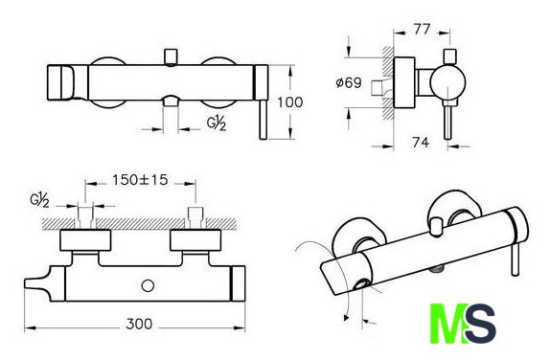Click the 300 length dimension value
(x=139, y=324)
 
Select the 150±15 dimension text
(x=140, y=180)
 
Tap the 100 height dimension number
(x=289, y=102)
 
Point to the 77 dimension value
(x=422, y=29)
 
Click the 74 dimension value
(x=421, y=143)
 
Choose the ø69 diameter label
(x=349, y=83)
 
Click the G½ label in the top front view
(x=217, y=124)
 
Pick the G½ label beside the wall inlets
(x=39, y=200)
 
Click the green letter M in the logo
(x=447, y=324)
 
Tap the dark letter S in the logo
(x=480, y=324)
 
